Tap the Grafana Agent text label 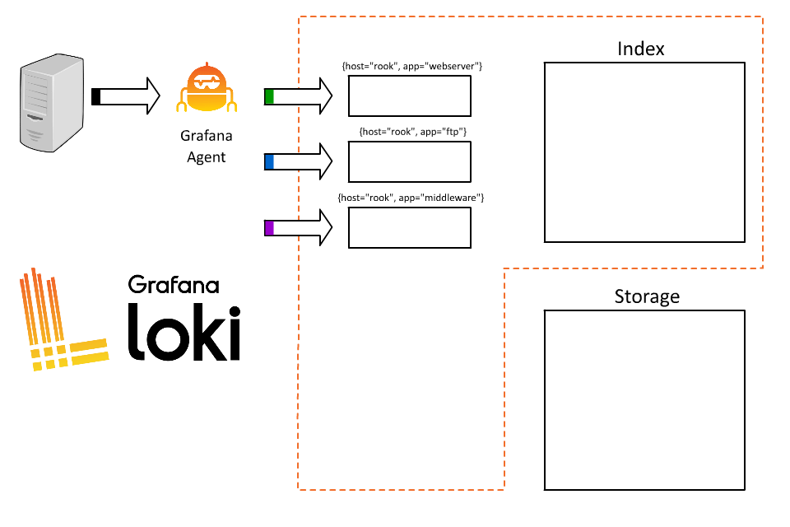[x=206, y=147]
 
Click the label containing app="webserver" [x=411, y=65]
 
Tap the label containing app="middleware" [x=411, y=198]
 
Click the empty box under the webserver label [x=410, y=96]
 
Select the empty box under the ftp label [x=410, y=161]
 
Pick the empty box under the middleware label [x=410, y=227]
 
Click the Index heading [x=641, y=49]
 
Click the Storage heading [x=647, y=296]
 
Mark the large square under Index [x=644, y=152]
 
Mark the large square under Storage [x=644, y=400]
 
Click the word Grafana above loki [x=174, y=285]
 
